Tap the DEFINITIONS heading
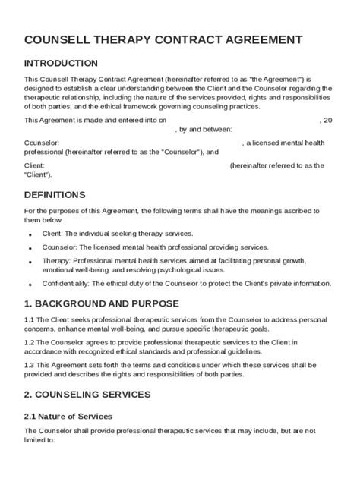click(55, 195)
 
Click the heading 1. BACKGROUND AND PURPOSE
click(103, 303)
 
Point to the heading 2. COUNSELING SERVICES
click(87, 394)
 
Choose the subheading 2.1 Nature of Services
click(68, 417)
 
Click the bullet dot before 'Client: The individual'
click(30, 235)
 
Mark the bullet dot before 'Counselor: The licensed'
click(30, 248)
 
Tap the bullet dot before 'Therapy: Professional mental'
click(30, 262)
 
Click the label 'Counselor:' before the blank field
click(41, 143)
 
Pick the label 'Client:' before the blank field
click(35, 165)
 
